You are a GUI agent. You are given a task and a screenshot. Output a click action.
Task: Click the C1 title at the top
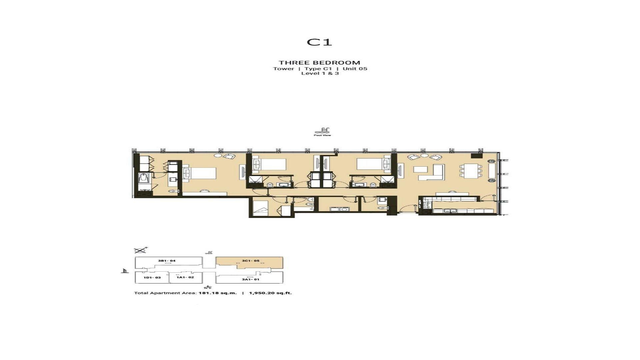pyautogui.click(x=319, y=42)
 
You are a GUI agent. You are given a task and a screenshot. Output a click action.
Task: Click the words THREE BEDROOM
pyautogui.click(x=319, y=63)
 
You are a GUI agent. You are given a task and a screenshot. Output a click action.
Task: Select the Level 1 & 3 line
pyautogui.click(x=320, y=73)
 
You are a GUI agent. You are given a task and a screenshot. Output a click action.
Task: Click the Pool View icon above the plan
pyautogui.click(x=322, y=132)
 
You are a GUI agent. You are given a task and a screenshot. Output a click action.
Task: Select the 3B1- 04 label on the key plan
pyautogui.click(x=167, y=261)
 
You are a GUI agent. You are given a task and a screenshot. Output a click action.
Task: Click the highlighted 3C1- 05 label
pyautogui.click(x=250, y=261)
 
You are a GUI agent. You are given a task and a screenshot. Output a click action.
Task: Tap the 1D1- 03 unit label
pyautogui.click(x=152, y=277)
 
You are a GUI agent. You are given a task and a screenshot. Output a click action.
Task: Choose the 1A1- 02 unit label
pyautogui.click(x=185, y=277)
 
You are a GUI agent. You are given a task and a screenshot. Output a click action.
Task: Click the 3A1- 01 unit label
pyautogui.click(x=250, y=279)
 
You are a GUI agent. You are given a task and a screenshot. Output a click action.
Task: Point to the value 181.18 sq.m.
pyautogui.click(x=217, y=293)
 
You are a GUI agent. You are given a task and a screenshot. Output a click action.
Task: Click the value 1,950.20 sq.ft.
pyautogui.click(x=270, y=293)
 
